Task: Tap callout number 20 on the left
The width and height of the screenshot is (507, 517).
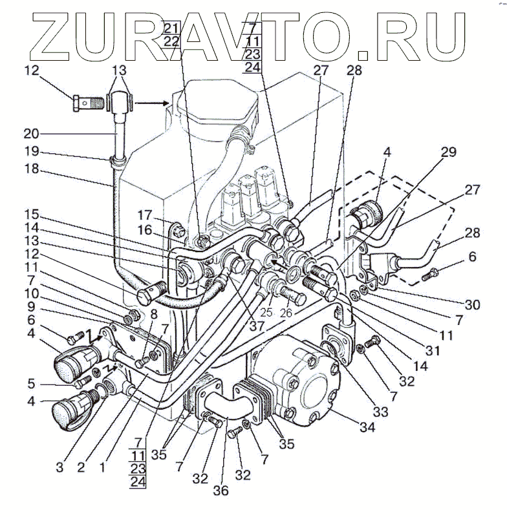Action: (x=32, y=134)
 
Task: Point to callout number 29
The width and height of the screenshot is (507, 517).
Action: (x=448, y=153)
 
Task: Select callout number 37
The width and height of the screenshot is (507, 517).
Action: (x=257, y=326)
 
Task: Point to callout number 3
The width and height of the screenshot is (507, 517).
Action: (x=59, y=466)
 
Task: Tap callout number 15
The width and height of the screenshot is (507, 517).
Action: (x=32, y=214)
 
